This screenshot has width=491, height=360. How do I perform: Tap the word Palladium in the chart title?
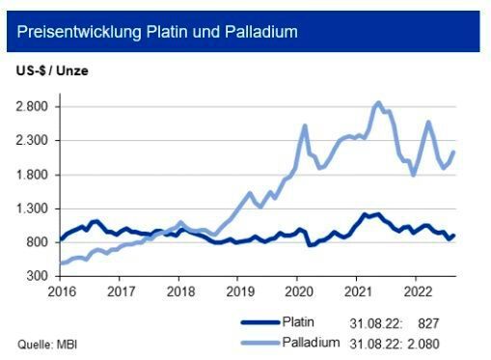(262, 32)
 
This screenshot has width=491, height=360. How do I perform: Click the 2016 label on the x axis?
(60, 291)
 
